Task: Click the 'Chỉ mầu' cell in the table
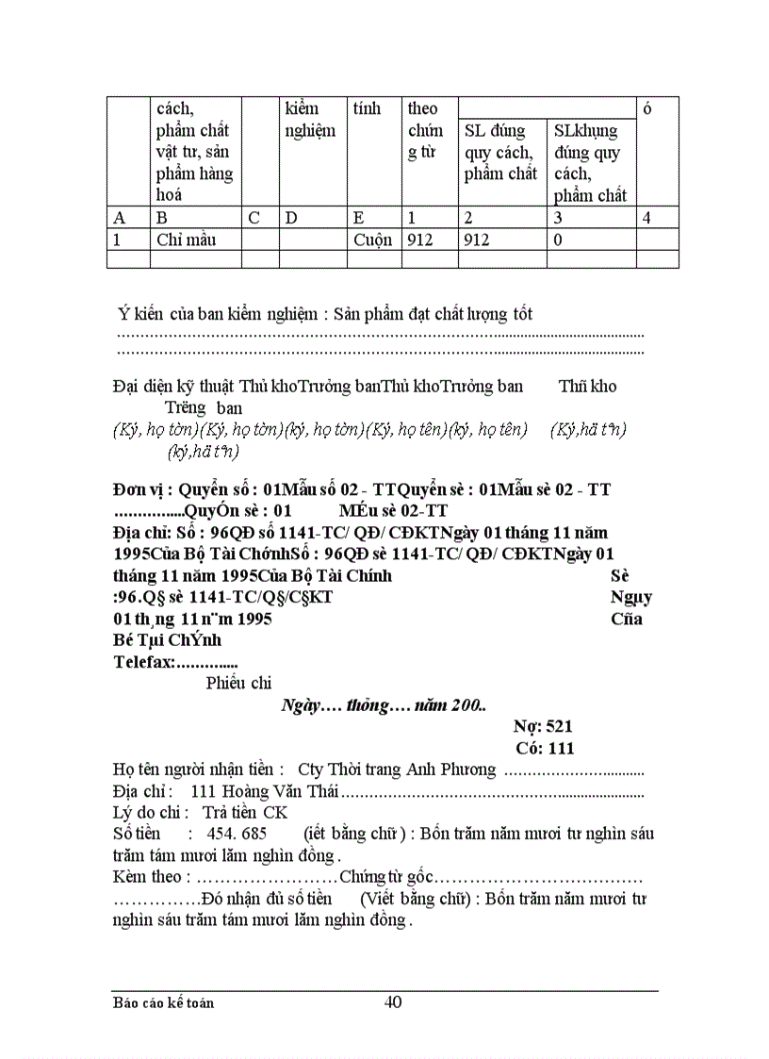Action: [x=187, y=240]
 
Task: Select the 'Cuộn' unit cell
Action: [x=372, y=240]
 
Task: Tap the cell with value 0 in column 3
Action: [x=559, y=240]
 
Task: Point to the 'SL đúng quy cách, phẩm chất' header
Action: [x=499, y=152]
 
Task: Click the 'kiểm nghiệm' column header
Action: [x=309, y=120]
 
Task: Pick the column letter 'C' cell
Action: [x=254, y=218]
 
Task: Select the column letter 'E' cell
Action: [x=359, y=218]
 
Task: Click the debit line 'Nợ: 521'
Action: [x=543, y=726]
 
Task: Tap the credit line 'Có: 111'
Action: [x=545, y=748]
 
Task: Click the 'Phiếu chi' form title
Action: [x=238, y=684]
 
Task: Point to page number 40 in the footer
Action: [x=393, y=1001]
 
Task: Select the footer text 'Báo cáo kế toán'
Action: [x=163, y=1002]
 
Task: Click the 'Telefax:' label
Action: [x=144, y=662]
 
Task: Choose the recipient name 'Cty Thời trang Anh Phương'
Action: [x=396, y=769]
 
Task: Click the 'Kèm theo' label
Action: [x=144, y=877]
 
